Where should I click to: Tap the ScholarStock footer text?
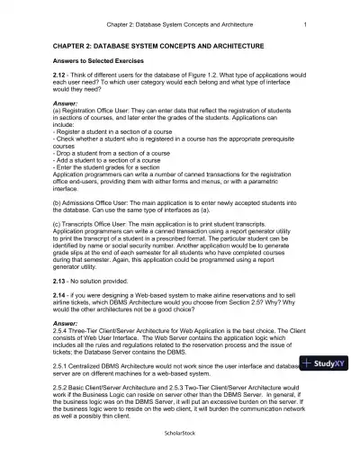point(180,457)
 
